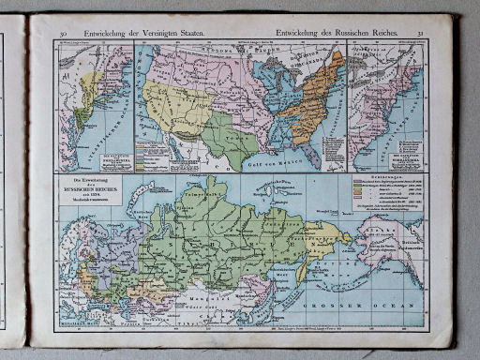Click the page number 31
(422, 34)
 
